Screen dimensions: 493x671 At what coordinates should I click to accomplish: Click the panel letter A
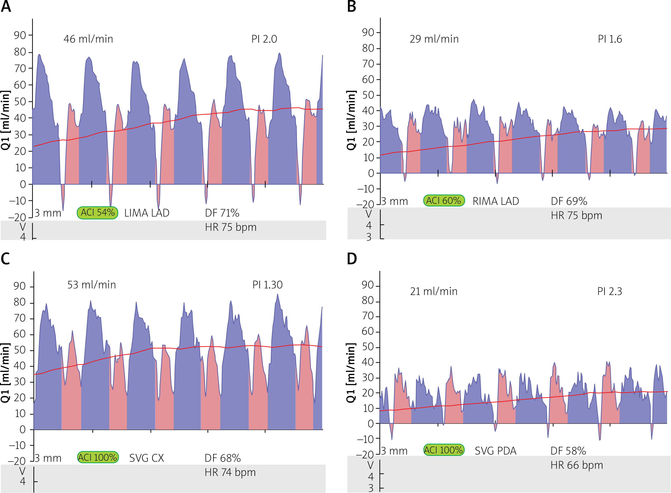(x=6, y=7)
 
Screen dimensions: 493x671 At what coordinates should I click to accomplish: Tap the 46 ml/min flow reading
(x=88, y=39)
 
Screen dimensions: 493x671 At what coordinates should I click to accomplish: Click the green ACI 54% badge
(x=97, y=213)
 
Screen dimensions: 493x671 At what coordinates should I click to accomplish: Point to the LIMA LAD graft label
(x=147, y=213)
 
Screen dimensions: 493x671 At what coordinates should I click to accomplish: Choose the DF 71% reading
(x=222, y=213)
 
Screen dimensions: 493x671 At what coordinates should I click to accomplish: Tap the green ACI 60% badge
(x=444, y=200)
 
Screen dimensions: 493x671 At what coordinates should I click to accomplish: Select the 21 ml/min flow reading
(x=434, y=291)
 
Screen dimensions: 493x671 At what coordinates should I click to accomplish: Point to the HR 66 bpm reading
(x=577, y=465)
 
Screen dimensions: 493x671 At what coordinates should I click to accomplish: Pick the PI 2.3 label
(x=609, y=291)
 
